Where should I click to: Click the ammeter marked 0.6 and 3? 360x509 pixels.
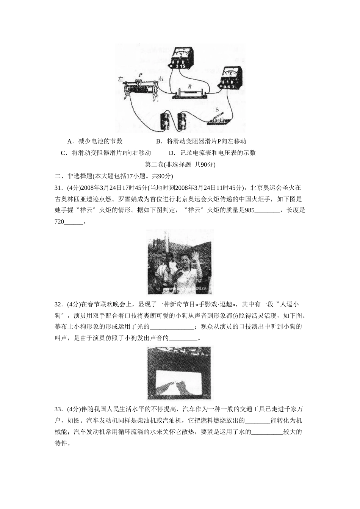pos(230,79)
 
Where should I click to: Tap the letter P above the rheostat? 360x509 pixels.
pos(140,75)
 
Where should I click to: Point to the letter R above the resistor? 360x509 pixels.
pos(189,86)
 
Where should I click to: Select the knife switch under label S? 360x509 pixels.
pos(218,119)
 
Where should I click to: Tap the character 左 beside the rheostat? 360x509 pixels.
pos(121,80)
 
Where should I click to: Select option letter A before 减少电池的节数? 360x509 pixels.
pos(69,141)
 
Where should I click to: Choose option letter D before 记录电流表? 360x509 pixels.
pos(171,153)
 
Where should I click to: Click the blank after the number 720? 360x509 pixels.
pos(73,222)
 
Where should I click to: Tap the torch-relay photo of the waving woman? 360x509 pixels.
pos(180,262)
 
